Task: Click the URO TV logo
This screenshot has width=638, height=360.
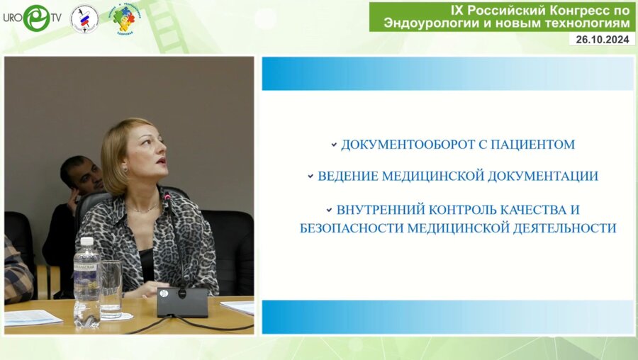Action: click(x=32, y=18)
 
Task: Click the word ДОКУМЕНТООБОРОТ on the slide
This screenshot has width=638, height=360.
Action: click(x=403, y=145)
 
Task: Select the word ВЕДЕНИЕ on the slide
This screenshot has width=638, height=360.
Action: click(x=347, y=176)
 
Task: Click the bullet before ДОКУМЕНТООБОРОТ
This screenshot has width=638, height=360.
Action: click(x=333, y=145)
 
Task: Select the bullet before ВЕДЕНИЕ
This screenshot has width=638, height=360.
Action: click(x=310, y=176)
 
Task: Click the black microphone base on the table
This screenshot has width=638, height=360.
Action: click(x=182, y=301)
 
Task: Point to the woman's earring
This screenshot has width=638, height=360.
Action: click(x=126, y=170)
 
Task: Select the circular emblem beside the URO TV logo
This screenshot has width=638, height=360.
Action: click(x=84, y=18)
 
